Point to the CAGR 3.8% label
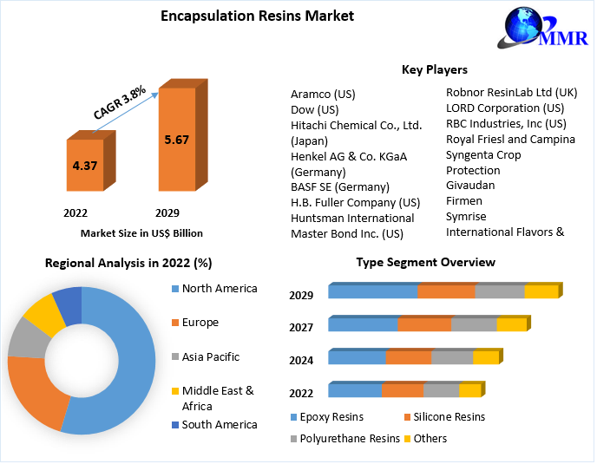[120, 101]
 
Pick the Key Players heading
[434, 69]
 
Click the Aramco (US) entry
[323, 94]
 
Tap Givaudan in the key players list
[470, 185]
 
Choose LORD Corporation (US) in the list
[504, 108]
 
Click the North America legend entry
[219, 288]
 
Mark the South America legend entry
[219, 424]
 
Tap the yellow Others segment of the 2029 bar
[541, 291]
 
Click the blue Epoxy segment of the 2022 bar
[354, 390]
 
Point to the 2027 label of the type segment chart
[301, 328]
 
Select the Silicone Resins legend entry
[449, 416]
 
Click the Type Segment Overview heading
[425, 262]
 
